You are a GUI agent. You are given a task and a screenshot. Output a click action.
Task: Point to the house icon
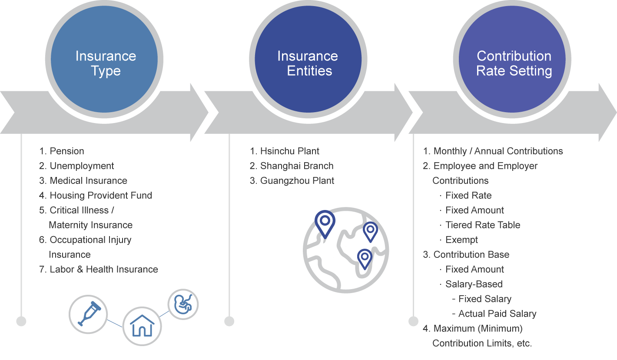click(142, 326)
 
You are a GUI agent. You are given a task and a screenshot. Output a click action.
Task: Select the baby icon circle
click(183, 304)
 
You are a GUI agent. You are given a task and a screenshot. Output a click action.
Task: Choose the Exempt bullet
click(461, 240)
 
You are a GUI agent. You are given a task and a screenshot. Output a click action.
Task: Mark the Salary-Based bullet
click(474, 284)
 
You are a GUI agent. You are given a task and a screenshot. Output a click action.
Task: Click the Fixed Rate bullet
click(468, 196)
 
